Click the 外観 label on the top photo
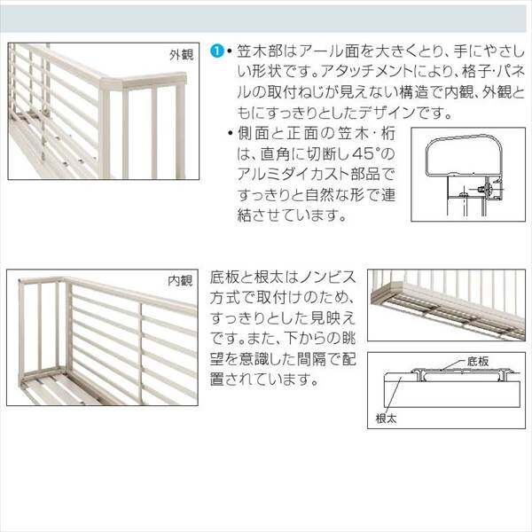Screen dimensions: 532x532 (180, 54)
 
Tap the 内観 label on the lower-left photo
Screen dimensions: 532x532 (180, 281)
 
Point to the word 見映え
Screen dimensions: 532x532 (337, 317)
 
